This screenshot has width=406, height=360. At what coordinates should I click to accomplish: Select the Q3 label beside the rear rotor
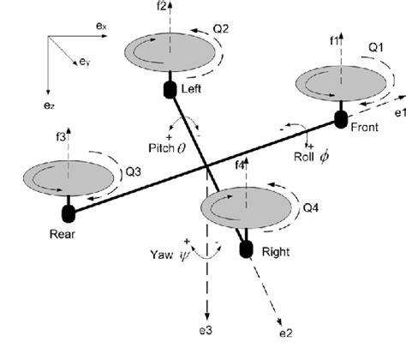[x=135, y=171]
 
